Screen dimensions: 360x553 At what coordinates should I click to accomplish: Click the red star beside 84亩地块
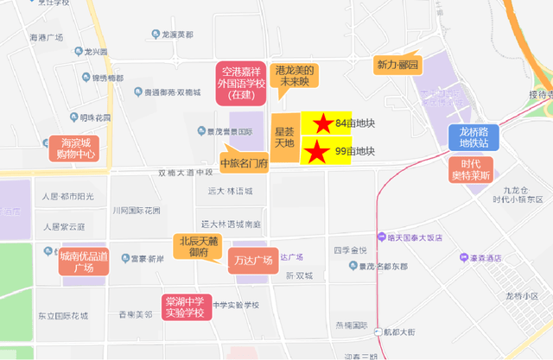(322, 123)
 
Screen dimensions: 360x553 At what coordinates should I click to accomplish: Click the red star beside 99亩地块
(317, 152)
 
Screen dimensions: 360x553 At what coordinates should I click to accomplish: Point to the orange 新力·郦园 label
(397, 66)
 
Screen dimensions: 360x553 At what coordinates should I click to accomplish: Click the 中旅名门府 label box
(245, 162)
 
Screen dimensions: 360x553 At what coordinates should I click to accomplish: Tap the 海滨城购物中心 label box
(74, 148)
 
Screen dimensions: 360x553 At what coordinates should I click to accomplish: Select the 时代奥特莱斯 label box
(471, 170)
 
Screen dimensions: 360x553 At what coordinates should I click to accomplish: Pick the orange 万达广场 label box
(252, 260)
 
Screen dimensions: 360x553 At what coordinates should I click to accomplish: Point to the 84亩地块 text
(354, 123)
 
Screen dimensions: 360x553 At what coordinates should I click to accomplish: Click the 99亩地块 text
(354, 152)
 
